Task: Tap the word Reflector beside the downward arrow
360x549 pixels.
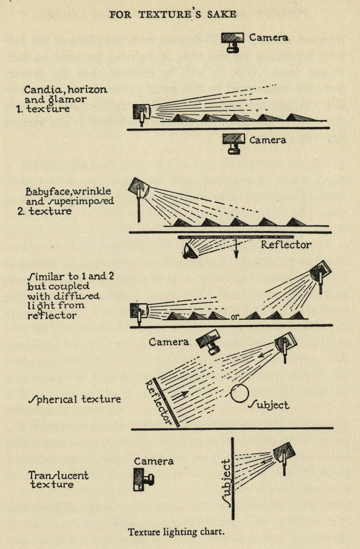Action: tap(286, 244)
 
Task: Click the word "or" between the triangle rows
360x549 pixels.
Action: tap(236, 317)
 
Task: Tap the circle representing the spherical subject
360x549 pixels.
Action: tap(239, 393)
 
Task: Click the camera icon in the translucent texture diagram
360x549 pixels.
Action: tap(143, 480)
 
